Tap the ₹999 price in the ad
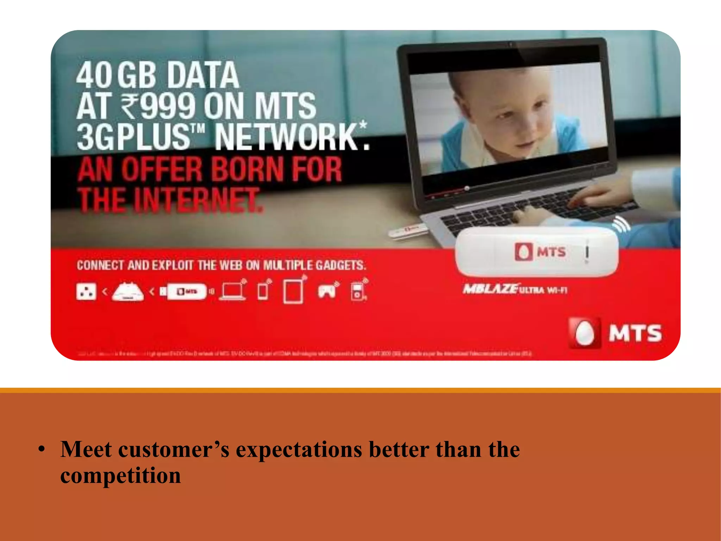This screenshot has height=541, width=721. [158, 106]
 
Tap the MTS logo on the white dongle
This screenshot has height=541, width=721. [540, 251]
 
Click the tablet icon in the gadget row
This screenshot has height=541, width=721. [293, 291]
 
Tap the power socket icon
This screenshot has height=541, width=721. [86, 292]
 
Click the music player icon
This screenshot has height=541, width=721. [358, 291]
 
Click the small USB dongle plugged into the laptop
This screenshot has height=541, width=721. [408, 231]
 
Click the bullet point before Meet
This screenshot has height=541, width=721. [42, 449]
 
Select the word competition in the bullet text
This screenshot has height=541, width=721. [120, 475]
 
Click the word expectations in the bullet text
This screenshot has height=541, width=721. [299, 449]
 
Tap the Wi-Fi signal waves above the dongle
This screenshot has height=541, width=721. [622, 224]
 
